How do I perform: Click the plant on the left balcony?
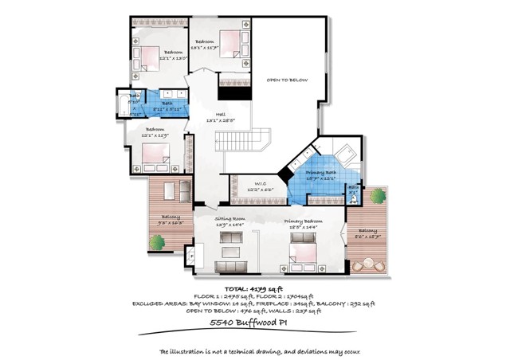(x=155, y=244)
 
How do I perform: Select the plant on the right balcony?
(x=383, y=196)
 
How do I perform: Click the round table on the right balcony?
(x=369, y=264)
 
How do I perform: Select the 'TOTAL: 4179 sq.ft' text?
(x=254, y=289)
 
